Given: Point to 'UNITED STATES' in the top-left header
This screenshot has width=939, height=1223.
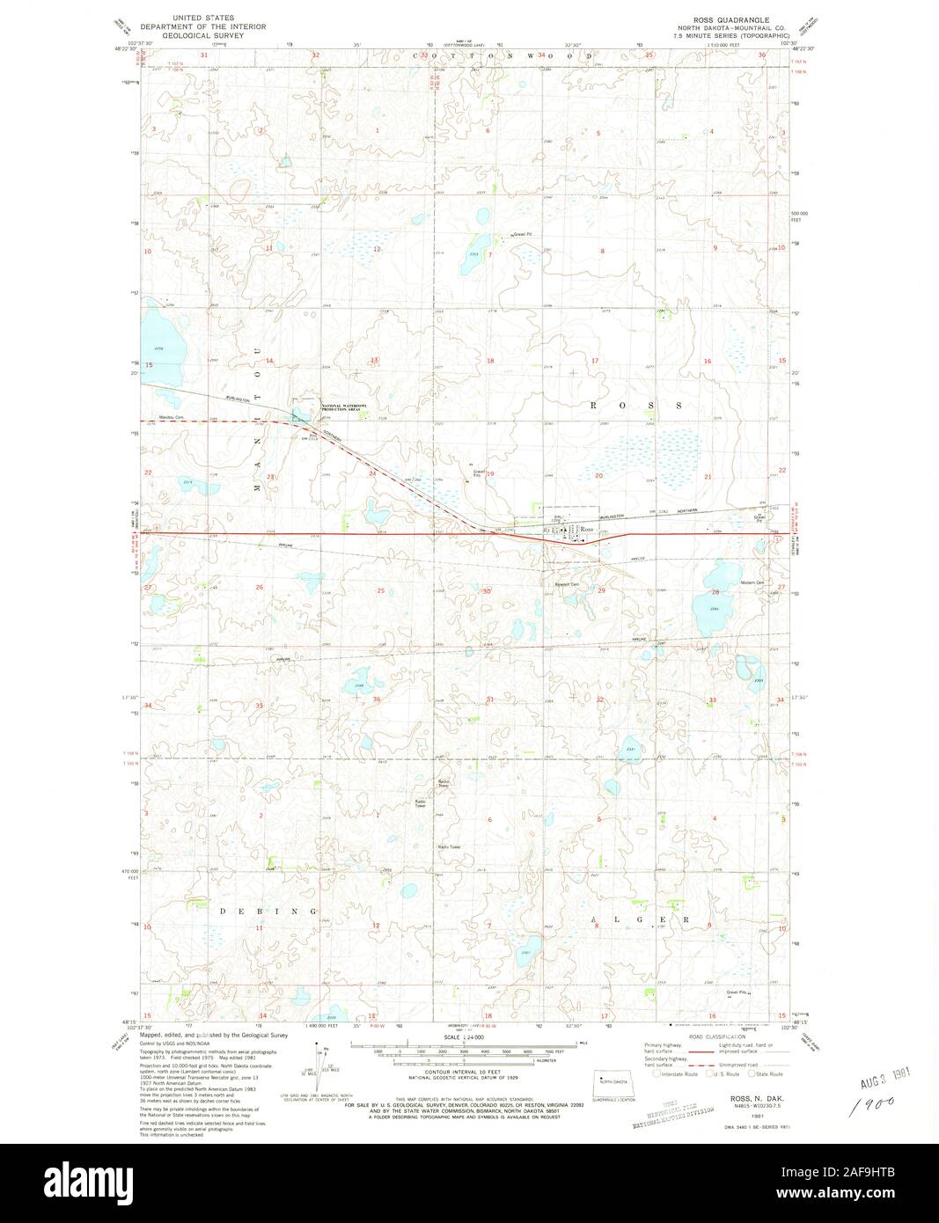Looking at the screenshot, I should pos(197,17).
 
